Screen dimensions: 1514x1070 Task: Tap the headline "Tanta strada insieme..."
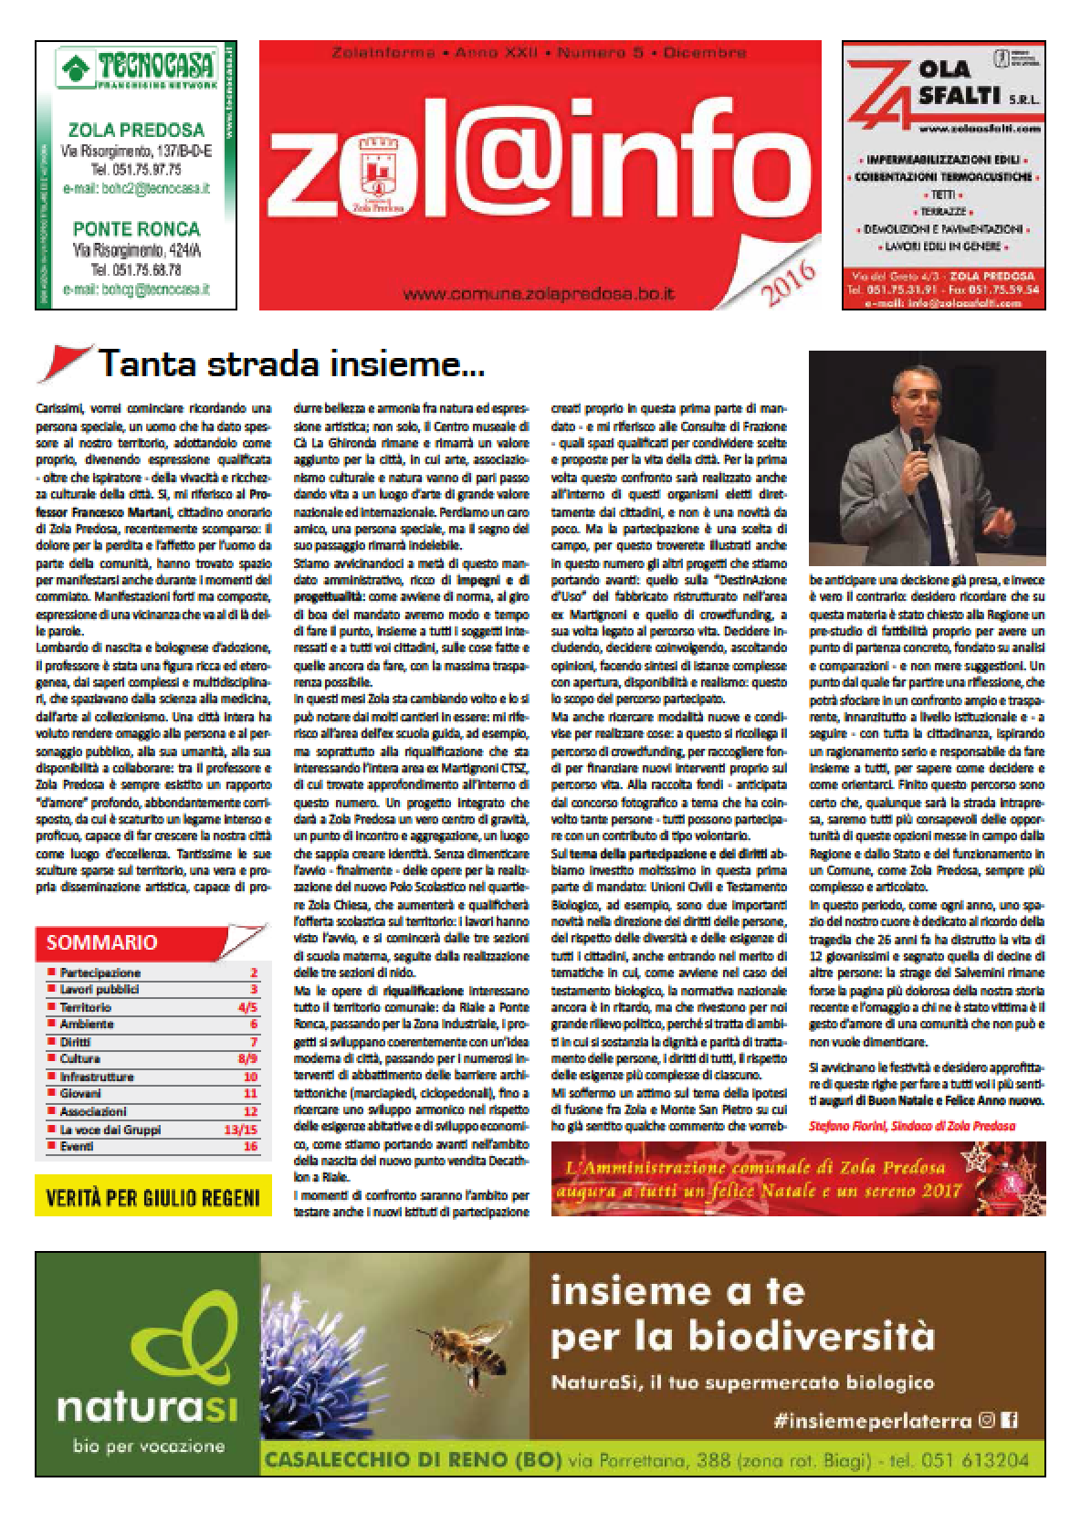(x=291, y=364)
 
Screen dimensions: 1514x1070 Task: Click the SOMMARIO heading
(x=101, y=942)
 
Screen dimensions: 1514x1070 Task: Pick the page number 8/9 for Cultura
(x=247, y=1059)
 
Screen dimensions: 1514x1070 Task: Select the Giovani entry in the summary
(x=82, y=1093)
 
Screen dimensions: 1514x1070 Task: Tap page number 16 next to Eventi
(x=250, y=1146)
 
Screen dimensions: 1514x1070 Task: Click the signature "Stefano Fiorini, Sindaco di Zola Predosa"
(x=911, y=1126)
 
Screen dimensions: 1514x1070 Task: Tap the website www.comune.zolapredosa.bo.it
(x=540, y=294)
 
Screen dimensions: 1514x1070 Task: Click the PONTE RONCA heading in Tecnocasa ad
(x=136, y=228)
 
